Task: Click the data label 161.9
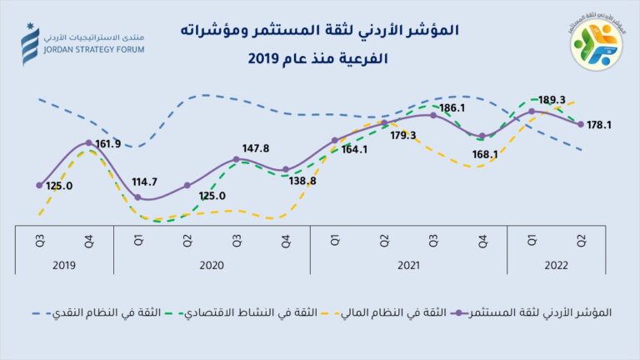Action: pos(108,143)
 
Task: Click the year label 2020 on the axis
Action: pos(212,264)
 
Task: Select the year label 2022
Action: pos(556,264)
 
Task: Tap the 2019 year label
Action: pos(64,264)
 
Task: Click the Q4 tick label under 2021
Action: pos(482,240)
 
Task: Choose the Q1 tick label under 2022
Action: pos(532,240)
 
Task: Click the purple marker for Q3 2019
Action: pos(39,185)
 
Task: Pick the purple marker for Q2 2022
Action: pos(581,124)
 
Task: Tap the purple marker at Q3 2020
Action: pos(237,158)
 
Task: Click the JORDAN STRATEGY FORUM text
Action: pos(85,51)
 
